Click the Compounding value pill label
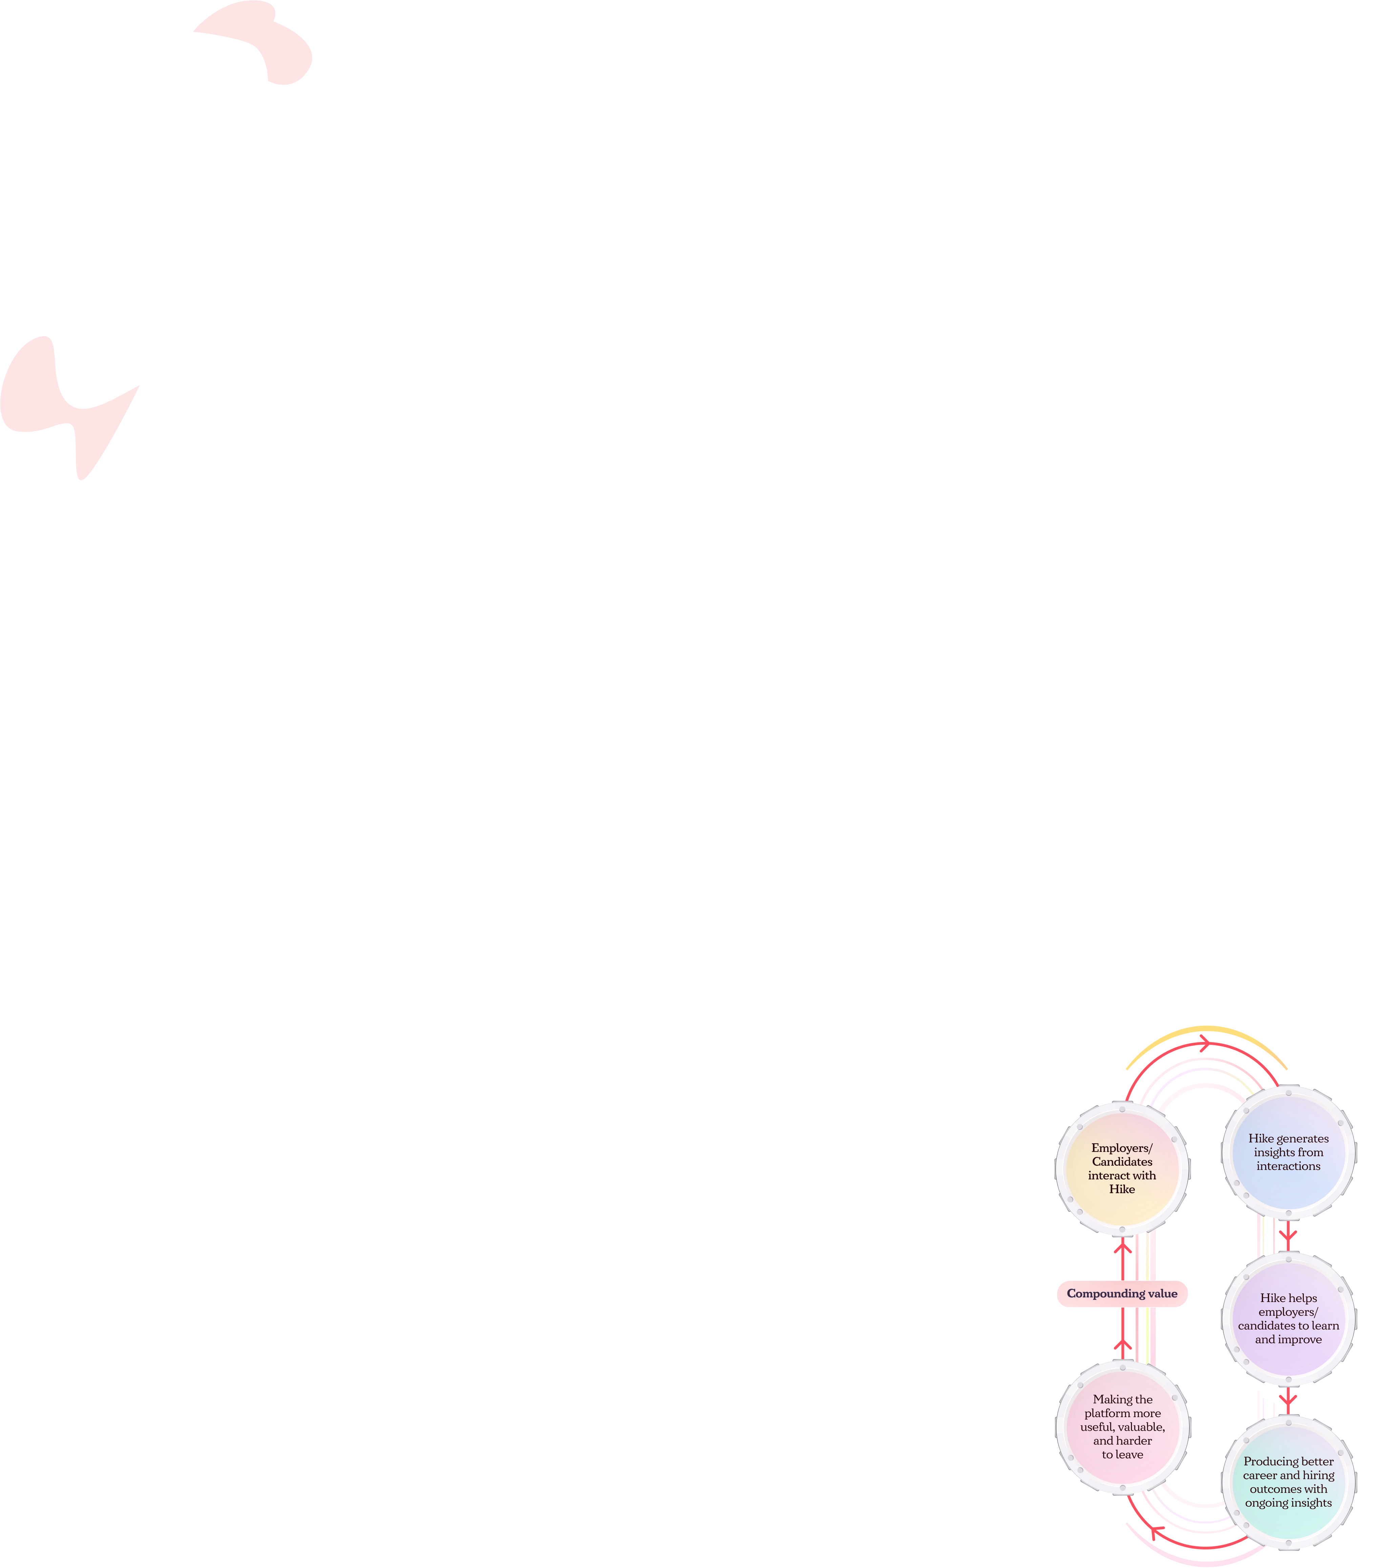(1122, 1294)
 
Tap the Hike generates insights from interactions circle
(1288, 1152)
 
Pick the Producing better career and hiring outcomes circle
(1288, 1482)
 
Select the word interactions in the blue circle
(1288, 1166)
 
